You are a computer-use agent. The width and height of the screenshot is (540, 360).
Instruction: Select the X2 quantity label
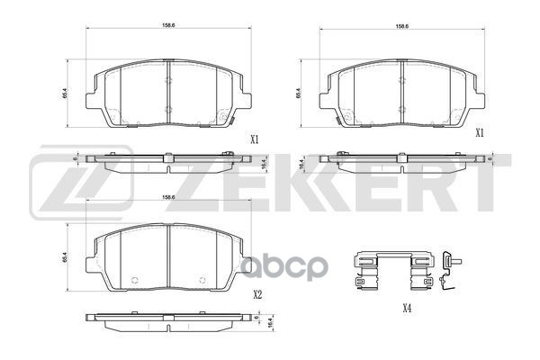(256, 293)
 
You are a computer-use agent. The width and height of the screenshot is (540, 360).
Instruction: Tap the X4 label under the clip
(407, 309)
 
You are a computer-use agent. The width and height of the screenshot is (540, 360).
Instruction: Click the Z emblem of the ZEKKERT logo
(81, 180)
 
